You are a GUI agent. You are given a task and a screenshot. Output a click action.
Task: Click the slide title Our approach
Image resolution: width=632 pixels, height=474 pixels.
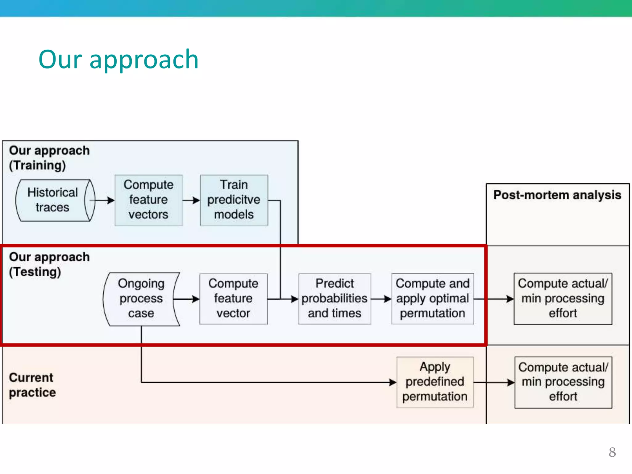click(x=118, y=59)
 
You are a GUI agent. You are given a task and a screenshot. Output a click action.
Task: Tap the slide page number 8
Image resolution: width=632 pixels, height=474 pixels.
click(x=612, y=452)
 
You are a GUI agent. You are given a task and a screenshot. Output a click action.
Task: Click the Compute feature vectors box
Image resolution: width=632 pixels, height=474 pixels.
click(x=148, y=200)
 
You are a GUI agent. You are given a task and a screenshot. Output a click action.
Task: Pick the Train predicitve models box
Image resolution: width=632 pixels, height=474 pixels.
click(x=234, y=200)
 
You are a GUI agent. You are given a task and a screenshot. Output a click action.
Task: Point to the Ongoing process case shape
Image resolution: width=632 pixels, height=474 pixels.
click(x=141, y=298)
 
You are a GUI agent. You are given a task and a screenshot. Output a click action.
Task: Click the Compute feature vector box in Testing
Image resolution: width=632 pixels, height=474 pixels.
click(x=233, y=298)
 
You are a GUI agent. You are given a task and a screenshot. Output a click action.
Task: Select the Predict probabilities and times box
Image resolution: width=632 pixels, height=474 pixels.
click(x=335, y=298)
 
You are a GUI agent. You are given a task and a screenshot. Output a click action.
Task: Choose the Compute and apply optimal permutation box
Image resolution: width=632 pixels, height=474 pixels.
click(x=432, y=298)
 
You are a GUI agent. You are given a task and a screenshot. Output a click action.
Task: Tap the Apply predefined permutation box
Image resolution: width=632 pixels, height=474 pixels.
click(x=435, y=382)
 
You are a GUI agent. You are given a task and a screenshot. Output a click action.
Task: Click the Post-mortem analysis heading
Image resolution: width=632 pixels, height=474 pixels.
click(x=557, y=195)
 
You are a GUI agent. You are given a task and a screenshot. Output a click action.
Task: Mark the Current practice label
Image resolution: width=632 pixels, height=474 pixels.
click(x=32, y=385)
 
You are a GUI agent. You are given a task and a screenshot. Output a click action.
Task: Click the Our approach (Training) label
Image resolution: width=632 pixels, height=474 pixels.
click(x=49, y=158)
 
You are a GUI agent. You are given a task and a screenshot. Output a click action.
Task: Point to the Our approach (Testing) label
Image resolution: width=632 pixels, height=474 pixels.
click(x=49, y=264)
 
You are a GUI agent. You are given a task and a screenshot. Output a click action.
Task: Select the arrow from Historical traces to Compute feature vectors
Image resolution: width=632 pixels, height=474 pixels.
click(x=103, y=200)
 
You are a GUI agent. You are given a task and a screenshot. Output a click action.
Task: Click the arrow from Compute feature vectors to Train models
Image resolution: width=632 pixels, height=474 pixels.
click(x=191, y=200)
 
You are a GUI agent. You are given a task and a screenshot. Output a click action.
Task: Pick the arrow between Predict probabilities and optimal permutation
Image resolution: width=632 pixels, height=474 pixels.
click(x=381, y=299)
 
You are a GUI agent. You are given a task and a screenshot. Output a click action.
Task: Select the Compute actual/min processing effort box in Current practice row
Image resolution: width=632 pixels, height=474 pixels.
click(x=563, y=382)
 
